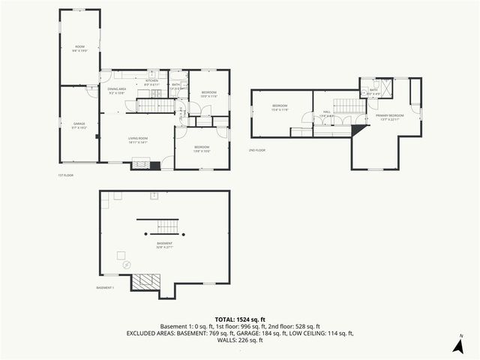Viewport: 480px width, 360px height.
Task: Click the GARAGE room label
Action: (79, 124)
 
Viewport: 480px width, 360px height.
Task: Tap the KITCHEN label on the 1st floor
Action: (151, 82)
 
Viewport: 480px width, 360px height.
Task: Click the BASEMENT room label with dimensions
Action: (165, 245)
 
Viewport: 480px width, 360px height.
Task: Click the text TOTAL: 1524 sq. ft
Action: (240, 319)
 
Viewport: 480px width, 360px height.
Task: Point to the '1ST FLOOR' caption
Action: (64, 176)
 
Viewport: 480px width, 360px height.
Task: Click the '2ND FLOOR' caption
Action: (257, 150)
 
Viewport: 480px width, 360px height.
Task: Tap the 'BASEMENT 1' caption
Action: (105, 288)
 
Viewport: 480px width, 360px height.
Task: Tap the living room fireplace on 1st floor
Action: (141, 164)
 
